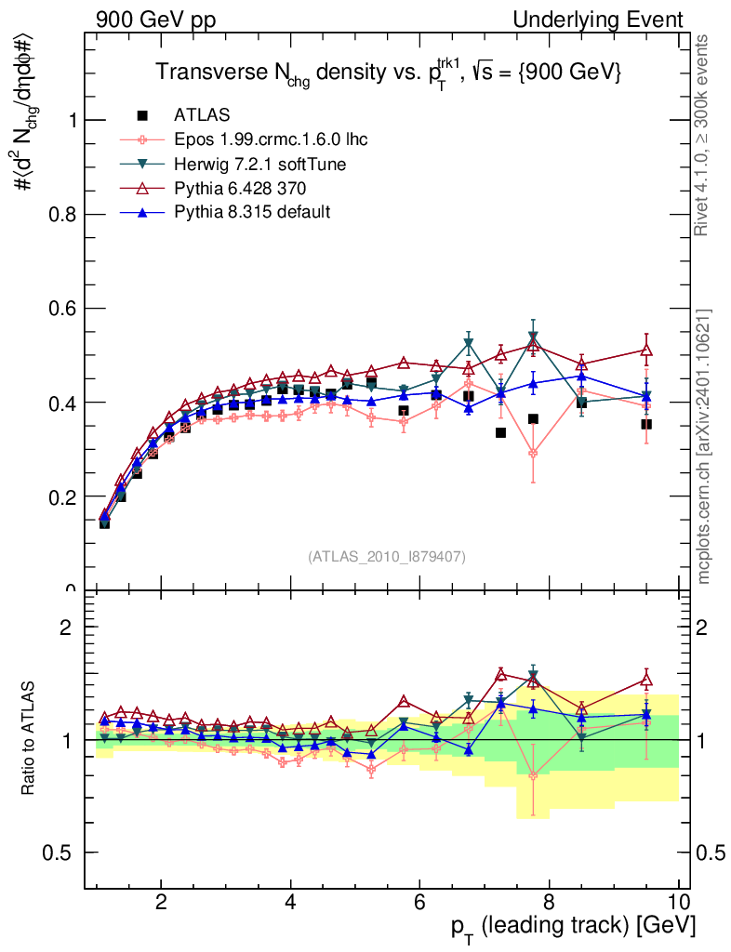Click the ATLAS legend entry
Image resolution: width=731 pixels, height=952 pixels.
point(201,115)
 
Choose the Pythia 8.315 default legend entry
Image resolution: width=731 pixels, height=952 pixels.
point(251,212)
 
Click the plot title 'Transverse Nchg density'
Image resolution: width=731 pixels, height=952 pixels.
point(388,72)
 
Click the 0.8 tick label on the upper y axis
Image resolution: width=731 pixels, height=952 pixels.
point(66,215)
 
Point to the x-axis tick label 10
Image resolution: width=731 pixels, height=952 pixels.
point(678,901)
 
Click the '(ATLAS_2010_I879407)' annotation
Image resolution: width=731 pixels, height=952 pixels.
point(387,556)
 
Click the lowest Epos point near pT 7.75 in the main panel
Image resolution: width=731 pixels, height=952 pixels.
point(533,454)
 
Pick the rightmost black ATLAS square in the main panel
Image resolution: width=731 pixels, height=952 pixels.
point(646,424)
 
